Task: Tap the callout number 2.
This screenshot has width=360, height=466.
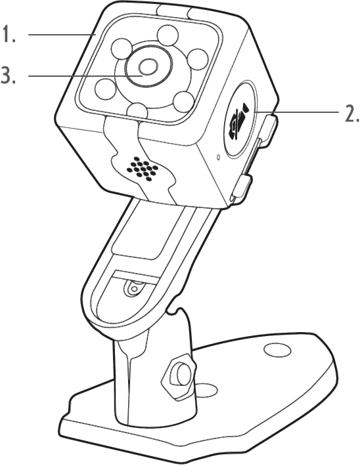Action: point(351,113)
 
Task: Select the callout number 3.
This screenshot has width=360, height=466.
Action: point(8,75)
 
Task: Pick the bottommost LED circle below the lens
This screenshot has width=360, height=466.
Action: point(137,112)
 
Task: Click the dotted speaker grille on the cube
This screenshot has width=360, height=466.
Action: point(142,169)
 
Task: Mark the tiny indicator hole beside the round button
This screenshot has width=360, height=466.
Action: point(218,157)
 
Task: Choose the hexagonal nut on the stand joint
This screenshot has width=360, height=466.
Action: point(179,377)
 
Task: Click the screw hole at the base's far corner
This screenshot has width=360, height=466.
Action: point(278,350)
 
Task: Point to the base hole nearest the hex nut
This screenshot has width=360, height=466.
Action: point(207,389)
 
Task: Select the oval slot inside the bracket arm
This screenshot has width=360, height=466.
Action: point(134,288)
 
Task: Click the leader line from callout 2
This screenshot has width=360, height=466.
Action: point(297,112)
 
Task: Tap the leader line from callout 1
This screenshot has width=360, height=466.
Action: point(62,35)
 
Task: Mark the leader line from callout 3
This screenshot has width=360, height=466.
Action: point(85,76)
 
